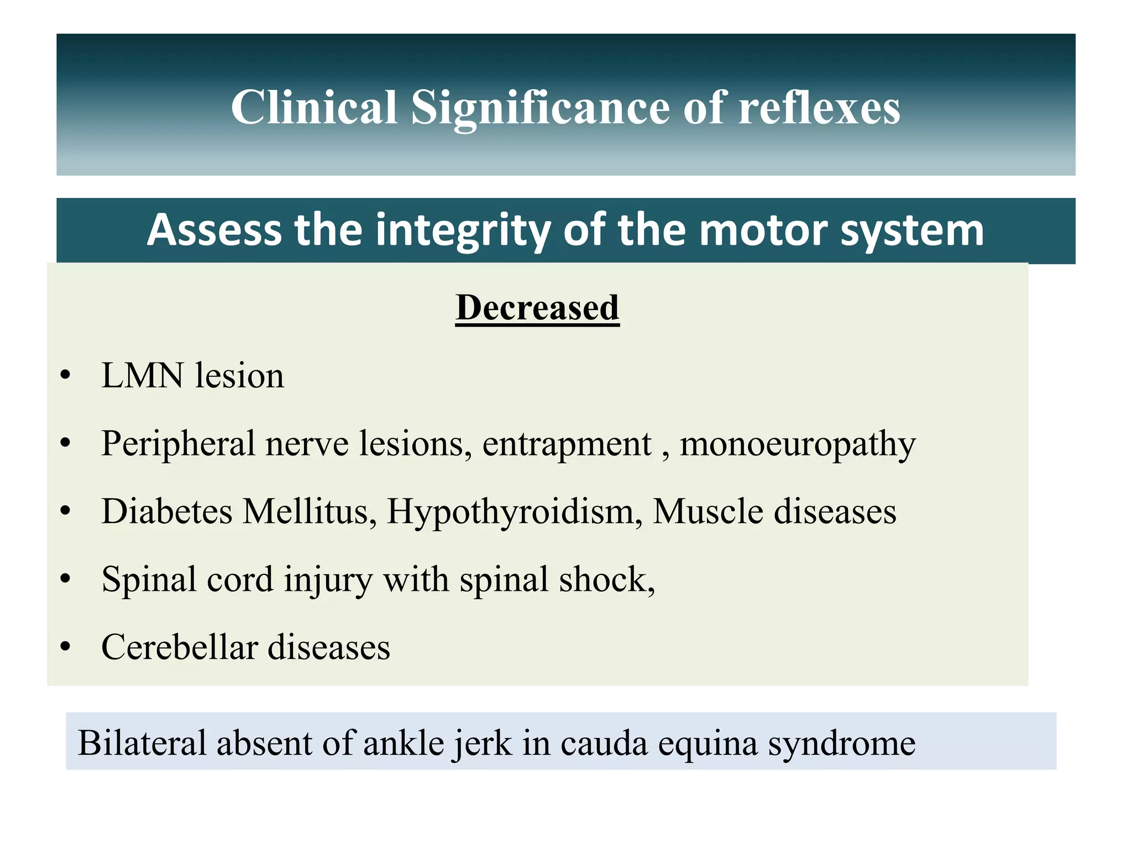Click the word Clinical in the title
[x=314, y=107]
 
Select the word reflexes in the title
[x=819, y=107]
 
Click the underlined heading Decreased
[x=537, y=307]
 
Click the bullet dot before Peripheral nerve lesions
[x=66, y=443]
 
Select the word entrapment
[x=567, y=444]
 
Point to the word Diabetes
[x=167, y=511]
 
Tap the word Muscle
[x=707, y=511]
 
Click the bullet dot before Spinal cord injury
[x=66, y=579]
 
